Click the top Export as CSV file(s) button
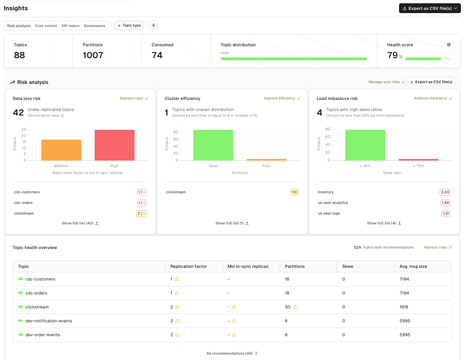coord(430,8)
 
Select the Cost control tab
coord(46,26)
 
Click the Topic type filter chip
coord(129,25)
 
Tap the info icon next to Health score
coord(449,45)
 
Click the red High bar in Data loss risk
coord(114,145)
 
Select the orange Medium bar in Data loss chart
coord(61,150)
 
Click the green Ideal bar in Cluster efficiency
coord(213,145)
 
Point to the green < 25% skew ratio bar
coord(365,145)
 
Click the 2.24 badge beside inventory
coord(445,192)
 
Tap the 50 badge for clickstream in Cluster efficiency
coord(294,192)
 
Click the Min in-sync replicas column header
coord(248,266)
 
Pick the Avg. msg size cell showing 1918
coord(404,307)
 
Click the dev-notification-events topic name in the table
coord(49,321)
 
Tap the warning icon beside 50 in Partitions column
coord(295,307)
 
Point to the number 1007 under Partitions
coord(93,55)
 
